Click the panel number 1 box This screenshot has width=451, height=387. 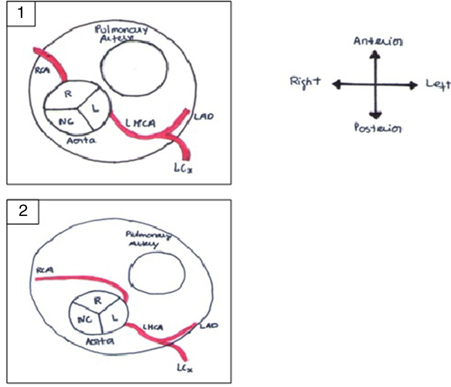21,14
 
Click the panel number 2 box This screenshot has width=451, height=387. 23,211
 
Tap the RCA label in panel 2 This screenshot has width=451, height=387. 44,270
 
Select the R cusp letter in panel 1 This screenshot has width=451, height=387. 68,94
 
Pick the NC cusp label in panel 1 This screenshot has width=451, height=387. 66,121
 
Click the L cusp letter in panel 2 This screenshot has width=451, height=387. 115,317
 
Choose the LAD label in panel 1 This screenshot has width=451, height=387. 203,117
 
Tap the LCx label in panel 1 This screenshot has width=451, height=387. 183,168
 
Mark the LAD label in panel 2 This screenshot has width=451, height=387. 209,326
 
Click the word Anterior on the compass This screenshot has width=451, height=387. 378,41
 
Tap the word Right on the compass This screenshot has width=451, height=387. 305,82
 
